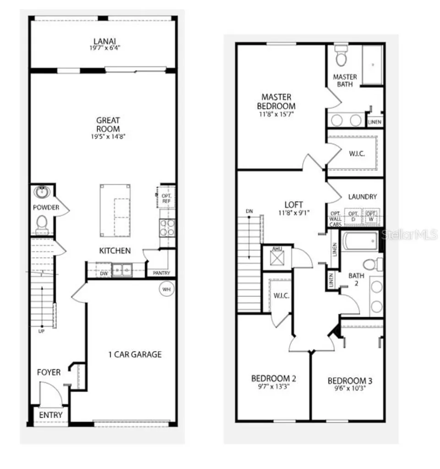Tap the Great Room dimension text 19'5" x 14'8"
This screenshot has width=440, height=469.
pyautogui.click(x=108, y=136)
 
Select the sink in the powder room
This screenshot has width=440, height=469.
pyautogui.click(x=43, y=191)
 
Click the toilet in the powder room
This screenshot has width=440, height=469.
pyautogui.click(x=42, y=224)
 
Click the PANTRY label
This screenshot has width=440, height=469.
pyautogui.click(x=161, y=273)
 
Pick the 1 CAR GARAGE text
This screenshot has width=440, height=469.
pyautogui.click(x=135, y=354)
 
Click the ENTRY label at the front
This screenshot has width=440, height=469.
pyautogui.click(x=50, y=415)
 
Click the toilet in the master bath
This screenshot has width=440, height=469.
pyautogui.click(x=341, y=55)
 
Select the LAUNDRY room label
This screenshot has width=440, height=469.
pyautogui.click(x=362, y=197)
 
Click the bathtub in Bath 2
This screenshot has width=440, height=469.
pyautogui.click(x=360, y=241)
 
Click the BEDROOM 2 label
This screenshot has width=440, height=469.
pyautogui.click(x=273, y=379)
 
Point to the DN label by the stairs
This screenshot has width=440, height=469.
pyautogui.click(x=249, y=211)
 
